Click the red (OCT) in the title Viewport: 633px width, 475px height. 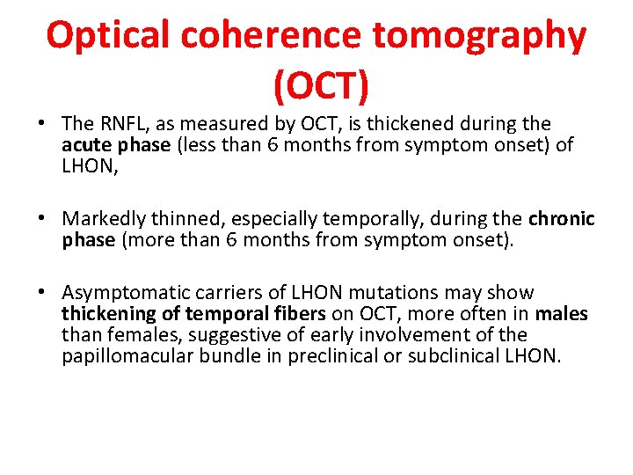321,85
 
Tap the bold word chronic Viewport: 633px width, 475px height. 562,218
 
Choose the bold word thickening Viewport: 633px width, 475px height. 106,314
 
